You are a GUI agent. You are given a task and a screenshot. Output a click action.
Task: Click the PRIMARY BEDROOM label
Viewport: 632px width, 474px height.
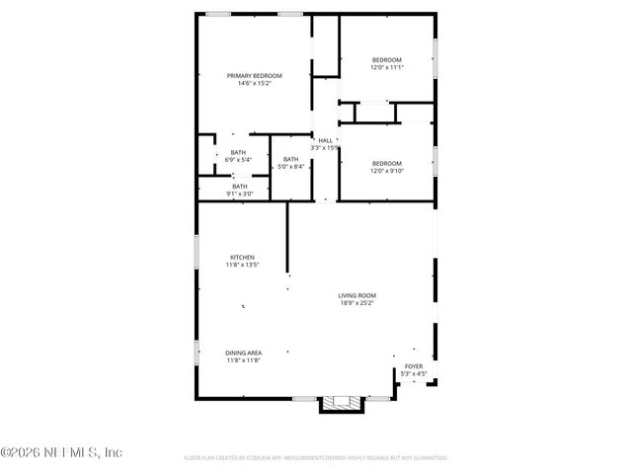coord(254,76)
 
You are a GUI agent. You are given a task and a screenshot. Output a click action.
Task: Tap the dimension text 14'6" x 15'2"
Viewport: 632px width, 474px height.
coord(254,84)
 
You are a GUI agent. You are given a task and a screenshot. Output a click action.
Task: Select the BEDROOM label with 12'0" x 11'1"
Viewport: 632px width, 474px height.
coord(386,60)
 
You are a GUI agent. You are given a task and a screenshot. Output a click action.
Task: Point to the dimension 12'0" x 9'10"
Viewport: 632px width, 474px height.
coord(386,170)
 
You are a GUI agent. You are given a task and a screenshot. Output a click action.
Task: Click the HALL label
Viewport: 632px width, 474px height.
coord(325,140)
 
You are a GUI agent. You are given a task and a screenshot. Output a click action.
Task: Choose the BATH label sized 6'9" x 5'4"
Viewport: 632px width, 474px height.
coord(239,152)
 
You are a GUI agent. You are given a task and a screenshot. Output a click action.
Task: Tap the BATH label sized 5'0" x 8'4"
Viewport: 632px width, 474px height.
coord(290,159)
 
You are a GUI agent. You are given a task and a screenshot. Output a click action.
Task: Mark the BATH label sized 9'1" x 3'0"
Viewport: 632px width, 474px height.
coord(240,186)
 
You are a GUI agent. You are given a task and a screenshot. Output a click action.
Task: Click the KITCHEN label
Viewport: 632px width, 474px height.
coord(242,257)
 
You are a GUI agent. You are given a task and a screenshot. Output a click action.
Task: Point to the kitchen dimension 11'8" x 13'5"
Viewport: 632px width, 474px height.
coord(242,265)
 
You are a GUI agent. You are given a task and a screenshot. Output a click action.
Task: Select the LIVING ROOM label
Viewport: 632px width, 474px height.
coord(356,295)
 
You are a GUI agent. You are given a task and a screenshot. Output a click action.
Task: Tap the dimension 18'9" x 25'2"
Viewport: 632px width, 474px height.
coord(356,303)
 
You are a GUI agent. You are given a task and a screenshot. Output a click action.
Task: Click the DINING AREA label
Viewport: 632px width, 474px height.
coord(243,353)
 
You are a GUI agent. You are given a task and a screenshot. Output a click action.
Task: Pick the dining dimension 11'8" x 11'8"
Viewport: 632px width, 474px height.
coord(243,360)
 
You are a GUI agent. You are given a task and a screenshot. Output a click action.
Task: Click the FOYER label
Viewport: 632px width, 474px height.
coord(413,365)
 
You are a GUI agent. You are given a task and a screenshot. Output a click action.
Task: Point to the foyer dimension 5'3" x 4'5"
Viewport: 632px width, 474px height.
coord(413,373)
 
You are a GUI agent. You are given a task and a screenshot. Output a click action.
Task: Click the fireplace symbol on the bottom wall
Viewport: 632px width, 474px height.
coord(343,402)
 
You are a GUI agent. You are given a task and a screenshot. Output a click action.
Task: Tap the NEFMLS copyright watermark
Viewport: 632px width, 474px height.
coord(61,453)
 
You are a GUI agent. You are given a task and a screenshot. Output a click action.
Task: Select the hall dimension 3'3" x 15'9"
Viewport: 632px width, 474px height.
coord(325,148)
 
